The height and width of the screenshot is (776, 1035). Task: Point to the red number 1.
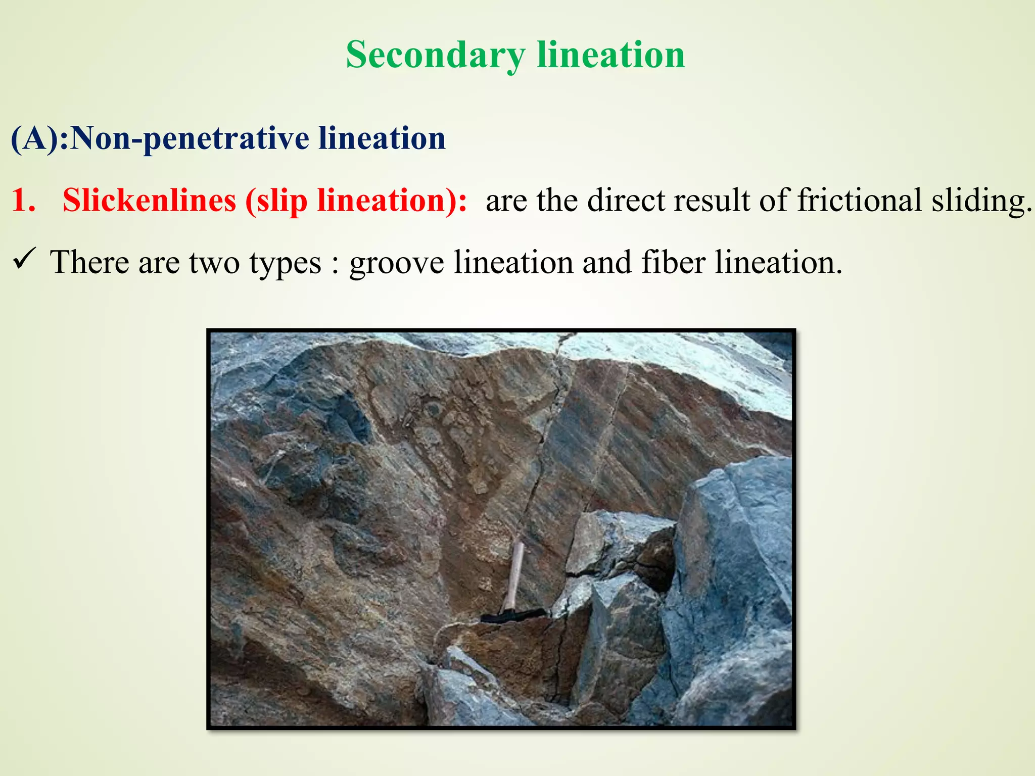[x=23, y=200]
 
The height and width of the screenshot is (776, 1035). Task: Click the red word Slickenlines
[x=149, y=200]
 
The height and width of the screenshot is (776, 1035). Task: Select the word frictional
[x=860, y=200]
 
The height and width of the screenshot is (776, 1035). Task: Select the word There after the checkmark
[x=89, y=263]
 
